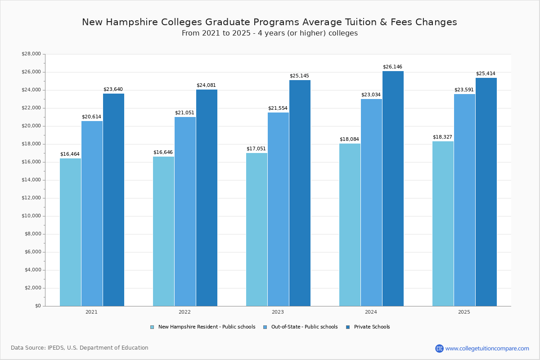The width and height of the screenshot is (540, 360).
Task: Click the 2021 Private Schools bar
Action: [x=113, y=200]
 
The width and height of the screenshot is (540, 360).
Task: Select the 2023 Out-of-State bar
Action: [x=278, y=209]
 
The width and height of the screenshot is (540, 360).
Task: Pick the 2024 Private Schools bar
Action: [x=393, y=189]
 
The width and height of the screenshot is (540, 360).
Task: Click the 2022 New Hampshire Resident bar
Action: [x=163, y=231]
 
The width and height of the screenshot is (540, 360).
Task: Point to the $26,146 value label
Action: [x=392, y=67]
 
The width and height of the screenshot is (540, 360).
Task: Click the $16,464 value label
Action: [x=70, y=154]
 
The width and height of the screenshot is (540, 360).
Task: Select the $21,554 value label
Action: [x=278, y=108]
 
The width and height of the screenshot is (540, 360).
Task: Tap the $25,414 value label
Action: [x=486, y=74]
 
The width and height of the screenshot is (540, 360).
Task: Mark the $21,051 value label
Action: [x=184, y=113]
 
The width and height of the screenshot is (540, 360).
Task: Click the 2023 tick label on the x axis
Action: [x=278, y=312]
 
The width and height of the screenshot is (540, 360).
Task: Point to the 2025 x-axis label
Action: [x=464, y=312]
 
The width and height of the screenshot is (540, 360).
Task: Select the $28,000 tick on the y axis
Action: [x=31, y=54]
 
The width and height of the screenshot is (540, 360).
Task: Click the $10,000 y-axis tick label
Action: [x=31, y=216]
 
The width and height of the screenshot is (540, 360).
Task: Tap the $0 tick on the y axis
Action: [x=38, y=306]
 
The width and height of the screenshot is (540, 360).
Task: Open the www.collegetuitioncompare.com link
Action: [x=487, y=348]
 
